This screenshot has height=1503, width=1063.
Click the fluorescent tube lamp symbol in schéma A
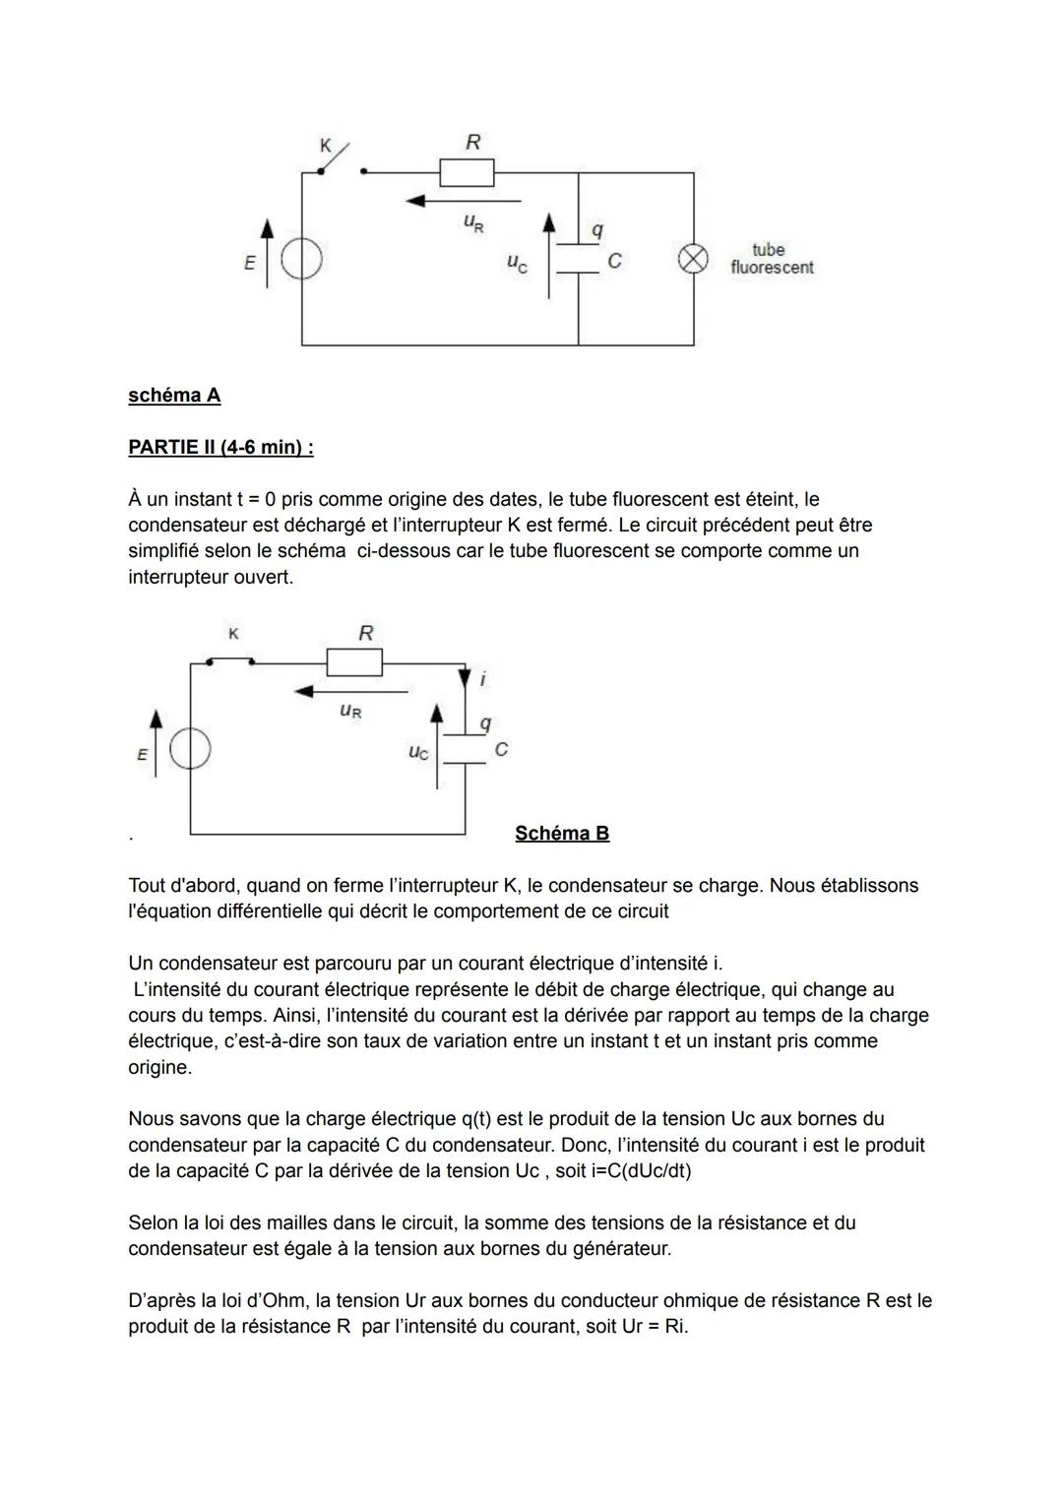693,259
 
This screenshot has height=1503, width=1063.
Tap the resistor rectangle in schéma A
467,172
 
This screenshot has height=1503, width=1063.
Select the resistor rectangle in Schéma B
354,662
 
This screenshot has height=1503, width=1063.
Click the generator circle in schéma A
302,261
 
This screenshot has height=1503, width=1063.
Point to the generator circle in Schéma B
190,751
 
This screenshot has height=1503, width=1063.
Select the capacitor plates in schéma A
578,259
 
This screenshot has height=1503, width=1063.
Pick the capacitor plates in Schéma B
465,749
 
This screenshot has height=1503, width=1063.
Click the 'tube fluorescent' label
772,259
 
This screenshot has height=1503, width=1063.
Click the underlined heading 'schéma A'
174,396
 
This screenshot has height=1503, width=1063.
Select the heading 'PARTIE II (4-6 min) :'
220,448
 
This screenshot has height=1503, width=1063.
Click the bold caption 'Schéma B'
562,834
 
